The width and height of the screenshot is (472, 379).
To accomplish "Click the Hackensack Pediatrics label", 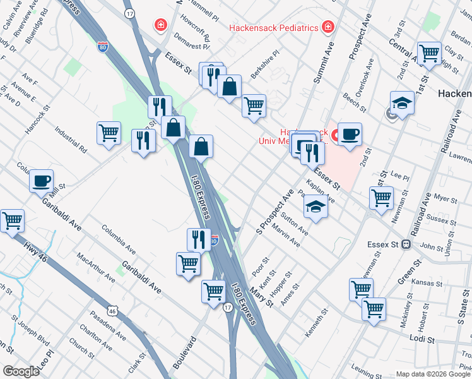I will pyautogui.click(x=273, y=28).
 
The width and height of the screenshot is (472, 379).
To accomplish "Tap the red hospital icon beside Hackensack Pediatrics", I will pyautogui.click(x=327, y=27).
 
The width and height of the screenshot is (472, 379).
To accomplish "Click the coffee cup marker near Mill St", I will pyautogui.click(x=42, y=181).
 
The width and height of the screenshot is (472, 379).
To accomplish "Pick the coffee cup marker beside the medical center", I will pyautogui.click(x=350, y=133).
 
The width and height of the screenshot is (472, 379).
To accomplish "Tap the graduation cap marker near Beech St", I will pyautogui.click(x=402, y=102).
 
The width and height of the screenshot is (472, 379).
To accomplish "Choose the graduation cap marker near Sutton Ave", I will pyautogui.click(x=316, y=207).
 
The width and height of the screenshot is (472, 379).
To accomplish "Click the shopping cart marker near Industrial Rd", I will pyautogui.click(x=109, y=133).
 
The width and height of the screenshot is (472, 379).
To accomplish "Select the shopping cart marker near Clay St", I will pyautogui.click(x=429, y=53).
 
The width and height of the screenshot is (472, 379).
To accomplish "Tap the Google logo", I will pyautogui.click(x=21, y=371).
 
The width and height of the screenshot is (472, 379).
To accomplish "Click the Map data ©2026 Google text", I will pyautogui.click(x=433, y=374).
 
